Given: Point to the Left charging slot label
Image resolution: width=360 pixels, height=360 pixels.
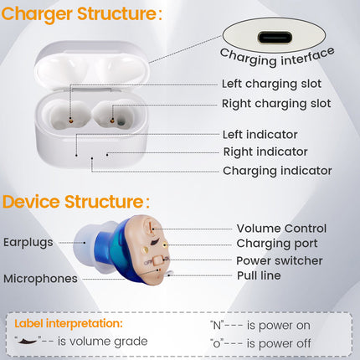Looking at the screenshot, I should tap(271, 84).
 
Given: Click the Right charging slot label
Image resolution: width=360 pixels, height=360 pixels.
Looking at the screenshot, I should tap(275, 104).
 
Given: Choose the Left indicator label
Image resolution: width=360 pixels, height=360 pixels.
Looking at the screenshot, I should tap(260, 134).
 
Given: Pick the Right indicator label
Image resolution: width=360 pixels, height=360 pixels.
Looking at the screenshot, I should tap(265, 152).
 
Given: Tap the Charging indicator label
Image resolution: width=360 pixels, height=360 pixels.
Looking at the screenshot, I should tap(277, 171).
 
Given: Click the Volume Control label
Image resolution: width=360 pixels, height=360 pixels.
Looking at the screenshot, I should tap(281, 228).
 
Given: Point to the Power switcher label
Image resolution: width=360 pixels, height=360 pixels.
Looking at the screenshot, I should tap(279, 260).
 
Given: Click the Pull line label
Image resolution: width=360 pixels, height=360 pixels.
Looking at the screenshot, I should tap(259, 275).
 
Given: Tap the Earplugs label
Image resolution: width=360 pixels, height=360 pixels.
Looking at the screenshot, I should tap(28, 242).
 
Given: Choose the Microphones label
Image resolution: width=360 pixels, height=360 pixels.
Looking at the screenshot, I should tap(40, 279).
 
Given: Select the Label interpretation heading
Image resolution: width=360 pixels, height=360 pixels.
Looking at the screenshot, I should tap(68, 322).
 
